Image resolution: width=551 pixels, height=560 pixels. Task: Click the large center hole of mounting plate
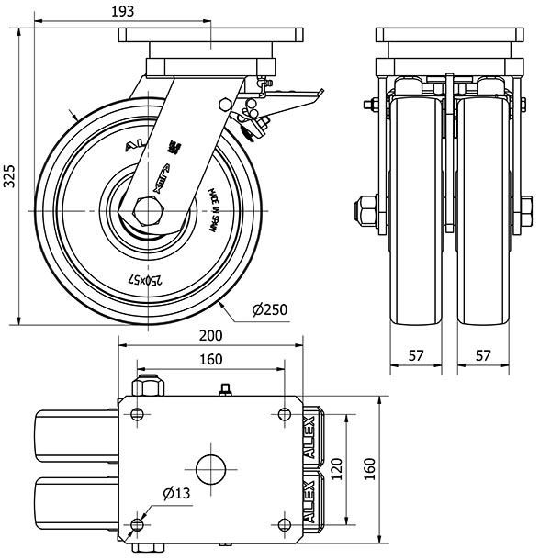click(x=210, y=467)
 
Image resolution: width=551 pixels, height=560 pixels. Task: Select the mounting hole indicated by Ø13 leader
click(x=138, y=524)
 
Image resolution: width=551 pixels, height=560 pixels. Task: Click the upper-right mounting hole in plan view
click(x=284, y=411)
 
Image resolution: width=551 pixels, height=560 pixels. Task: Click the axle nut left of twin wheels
click(x=365, y=212)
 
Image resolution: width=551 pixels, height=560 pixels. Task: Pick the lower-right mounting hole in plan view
click(x=284, y=524)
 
